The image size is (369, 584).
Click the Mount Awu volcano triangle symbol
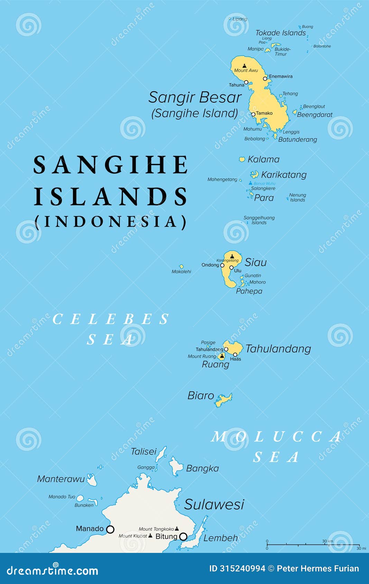click(x=245, y=66)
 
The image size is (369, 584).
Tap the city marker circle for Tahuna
click(x=246, y=82)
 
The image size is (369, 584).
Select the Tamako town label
click(x=264, y=113)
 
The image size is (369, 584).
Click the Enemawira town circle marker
click(x=265, y=79)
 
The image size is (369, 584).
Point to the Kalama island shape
click(x=242, y=159)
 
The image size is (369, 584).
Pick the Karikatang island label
click(x=284, y=175)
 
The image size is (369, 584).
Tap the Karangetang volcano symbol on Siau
click(x=232, y=256)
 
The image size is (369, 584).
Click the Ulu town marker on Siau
click(x=231, y=267)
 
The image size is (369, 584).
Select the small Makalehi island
click(x=181, y=266)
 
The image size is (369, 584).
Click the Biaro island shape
click(x=224, y=400)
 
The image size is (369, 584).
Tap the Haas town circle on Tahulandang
click(x=235, y=354)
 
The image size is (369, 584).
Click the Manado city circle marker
click(x=110, y=529)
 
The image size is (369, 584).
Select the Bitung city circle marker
click(x=183, y=536)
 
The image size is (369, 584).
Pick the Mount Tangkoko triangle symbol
click(x=177, y=528)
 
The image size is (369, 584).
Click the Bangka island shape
click(x=176, y=465)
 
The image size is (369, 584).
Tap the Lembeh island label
click(x=220, y=538)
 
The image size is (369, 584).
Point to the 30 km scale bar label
click(x=327, y=541)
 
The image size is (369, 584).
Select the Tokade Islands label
click(x=280, y=33)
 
